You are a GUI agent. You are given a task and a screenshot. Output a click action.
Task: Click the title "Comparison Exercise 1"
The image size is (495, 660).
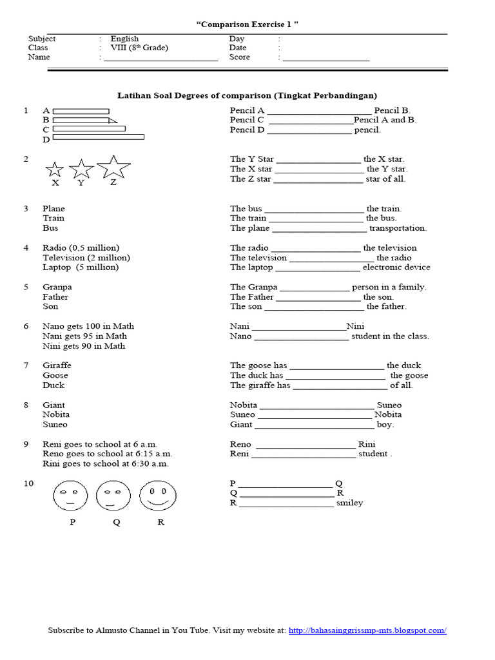click(x=247, y=24)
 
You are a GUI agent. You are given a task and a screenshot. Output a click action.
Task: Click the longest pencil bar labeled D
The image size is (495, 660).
click(x=98, y=137)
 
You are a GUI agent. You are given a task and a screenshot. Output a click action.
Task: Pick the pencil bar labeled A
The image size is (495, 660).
click(x=81, y=111)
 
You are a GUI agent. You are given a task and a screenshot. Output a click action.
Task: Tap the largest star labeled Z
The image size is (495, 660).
click(x=113, y=167)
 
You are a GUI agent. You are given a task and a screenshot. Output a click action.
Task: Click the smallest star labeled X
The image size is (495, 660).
click(x=55, y=170)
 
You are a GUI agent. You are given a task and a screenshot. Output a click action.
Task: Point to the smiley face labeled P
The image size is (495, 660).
click(x=71, y=496)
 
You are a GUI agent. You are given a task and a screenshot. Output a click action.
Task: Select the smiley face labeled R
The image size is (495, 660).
click(x=158, y=496)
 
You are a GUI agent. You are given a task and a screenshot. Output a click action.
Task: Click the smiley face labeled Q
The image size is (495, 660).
click(x=114, y=496)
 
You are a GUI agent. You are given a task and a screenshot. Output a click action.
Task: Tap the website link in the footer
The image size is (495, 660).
click(x=367, y=630)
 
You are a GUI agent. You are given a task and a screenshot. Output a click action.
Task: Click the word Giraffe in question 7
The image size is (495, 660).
click(x=57, y=365)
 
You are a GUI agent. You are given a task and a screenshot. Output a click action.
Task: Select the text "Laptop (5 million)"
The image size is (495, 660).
click(x=81, y=267)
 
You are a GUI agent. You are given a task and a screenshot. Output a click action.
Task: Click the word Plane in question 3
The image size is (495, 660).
click(x=53, y=208)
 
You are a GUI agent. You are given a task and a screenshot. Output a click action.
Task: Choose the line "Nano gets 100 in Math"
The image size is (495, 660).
click(x=88, y=326)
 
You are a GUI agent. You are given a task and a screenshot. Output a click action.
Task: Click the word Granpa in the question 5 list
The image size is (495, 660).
click(x=57, y=287)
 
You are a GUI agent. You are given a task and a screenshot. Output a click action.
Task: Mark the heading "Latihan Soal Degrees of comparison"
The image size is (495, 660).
click(x=193, y=95)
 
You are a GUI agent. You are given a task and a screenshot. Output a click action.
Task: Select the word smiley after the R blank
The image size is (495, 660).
click(x=349, y=503)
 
